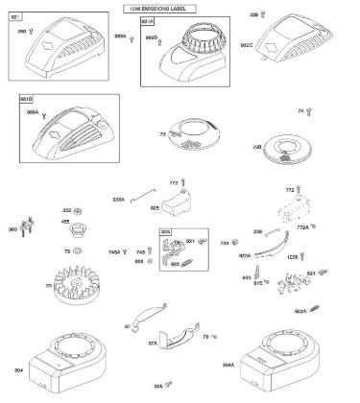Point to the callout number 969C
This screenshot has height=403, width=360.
click(x=274, y=46)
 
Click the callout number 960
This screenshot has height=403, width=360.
click(x=12, y=230)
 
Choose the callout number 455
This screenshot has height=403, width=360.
click(x=65, y=223)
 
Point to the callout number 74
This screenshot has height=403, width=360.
click(x=300, y=112)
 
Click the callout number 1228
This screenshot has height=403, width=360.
click(x=267, y=259)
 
